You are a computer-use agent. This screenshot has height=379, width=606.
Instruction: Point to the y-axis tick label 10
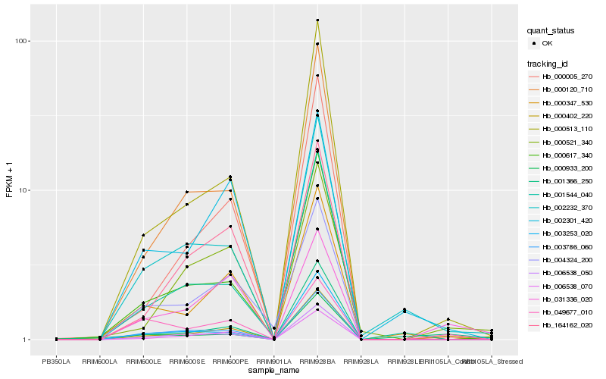[x=23, y=190]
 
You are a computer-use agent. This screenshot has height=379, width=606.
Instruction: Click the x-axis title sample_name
[x=273, y=371]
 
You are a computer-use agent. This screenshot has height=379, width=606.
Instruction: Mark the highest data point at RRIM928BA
[x=317, y=20]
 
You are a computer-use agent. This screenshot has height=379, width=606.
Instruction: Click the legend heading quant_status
[x=551, y=30]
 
